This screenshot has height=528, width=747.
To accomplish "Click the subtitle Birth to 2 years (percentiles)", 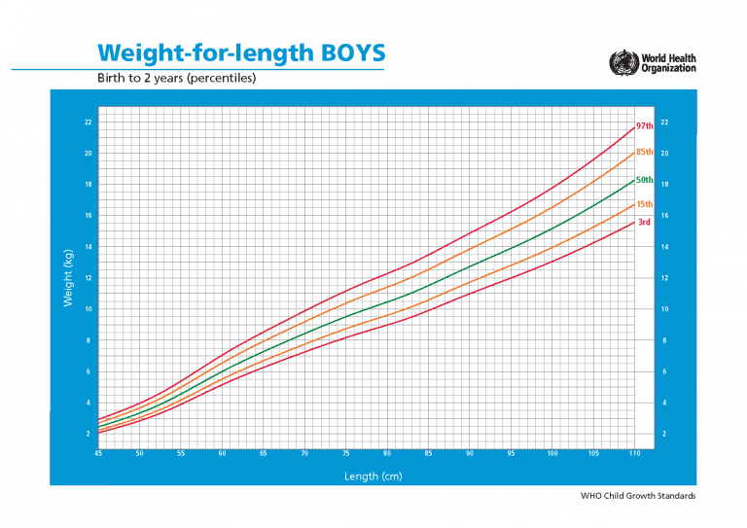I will click(175, 78).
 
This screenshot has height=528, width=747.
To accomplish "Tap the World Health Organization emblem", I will click(620, 63).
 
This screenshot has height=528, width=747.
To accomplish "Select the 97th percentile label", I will click(644, 126).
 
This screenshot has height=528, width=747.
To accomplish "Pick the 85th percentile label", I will click(644, 153).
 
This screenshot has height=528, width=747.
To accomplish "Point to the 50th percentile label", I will click(644, 180).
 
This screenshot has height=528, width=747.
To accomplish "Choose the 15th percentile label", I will click(644, 204).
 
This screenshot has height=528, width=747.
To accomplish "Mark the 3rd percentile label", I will click(643, 223).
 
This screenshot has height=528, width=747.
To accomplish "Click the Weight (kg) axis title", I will click(68, 278).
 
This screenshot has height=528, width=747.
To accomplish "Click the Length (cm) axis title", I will click(373, 476).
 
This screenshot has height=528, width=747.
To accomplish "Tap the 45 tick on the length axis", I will click(98, 454).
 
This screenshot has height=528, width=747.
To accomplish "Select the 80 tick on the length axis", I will click(387, 454).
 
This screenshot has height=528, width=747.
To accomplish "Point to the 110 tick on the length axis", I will click(634, 454).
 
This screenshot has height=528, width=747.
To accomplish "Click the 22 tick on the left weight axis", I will click(88, 123).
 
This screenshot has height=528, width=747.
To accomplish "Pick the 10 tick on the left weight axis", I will click(88, 309).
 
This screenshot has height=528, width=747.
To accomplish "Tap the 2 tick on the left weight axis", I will click(89, 434).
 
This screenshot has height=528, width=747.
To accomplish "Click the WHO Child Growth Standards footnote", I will click(638, 497).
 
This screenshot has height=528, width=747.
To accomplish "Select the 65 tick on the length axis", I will click(264, 454).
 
